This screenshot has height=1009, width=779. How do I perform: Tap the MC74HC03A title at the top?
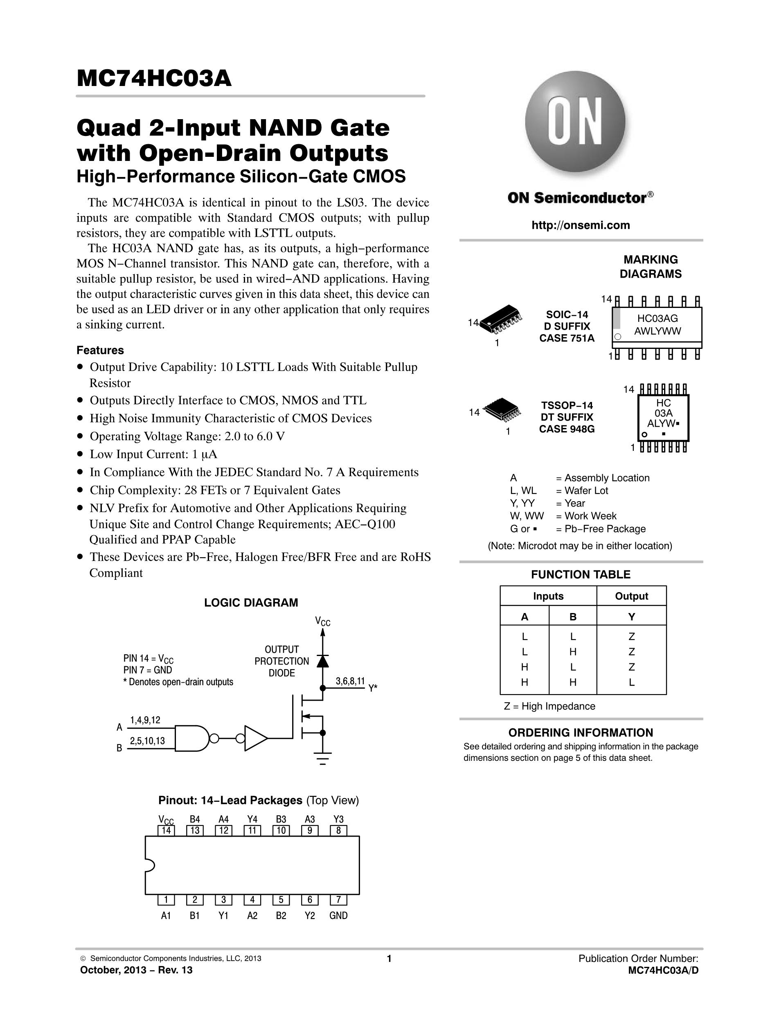click(154, 79)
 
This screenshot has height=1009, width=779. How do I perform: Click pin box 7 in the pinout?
click(338, 900)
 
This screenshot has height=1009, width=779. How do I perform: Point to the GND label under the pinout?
click(338, 915)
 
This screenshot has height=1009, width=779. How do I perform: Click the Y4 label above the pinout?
click(252, 819)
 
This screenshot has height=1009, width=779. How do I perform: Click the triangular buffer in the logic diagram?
click(255, 738)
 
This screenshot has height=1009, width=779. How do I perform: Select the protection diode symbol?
click(322, 661)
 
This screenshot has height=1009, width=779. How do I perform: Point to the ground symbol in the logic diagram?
click(322, 758)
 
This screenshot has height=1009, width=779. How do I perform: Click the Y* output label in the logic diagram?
click(373, 688)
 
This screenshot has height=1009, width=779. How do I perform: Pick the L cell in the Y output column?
click(631, 682)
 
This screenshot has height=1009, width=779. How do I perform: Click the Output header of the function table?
click(631, 596)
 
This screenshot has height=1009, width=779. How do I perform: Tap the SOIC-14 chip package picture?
click(501, 318)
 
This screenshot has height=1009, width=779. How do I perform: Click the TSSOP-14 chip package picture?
click(502, 407)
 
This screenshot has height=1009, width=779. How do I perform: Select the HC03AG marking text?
click(657, 318)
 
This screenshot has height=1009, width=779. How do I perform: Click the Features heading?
click(100, 350)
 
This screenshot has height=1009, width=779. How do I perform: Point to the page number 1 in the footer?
click(389, 959)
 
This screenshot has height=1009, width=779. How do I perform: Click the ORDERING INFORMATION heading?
click(581, 733)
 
